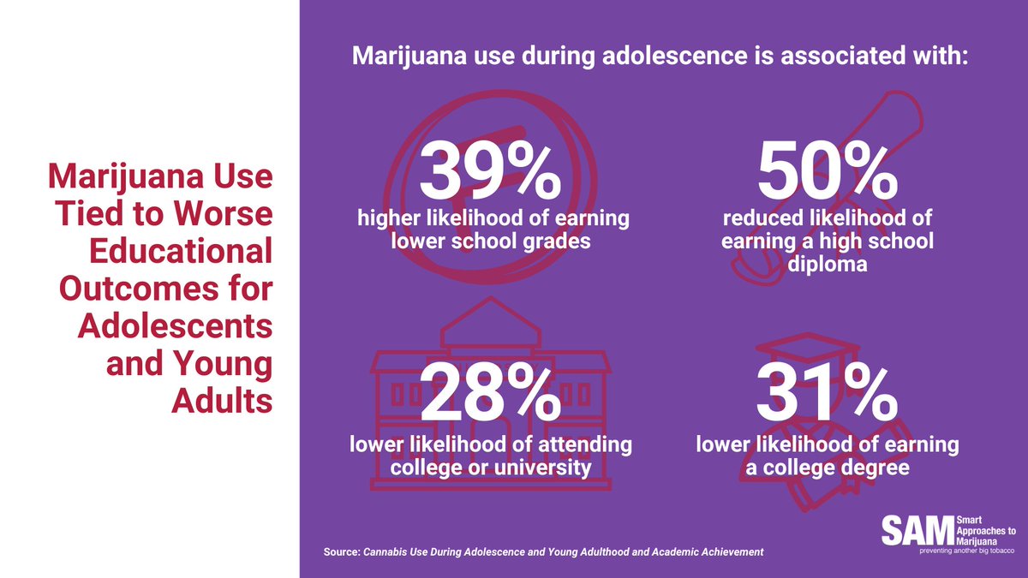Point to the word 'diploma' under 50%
pyautogui.click(x=828, y=265)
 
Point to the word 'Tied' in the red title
pyautogui.click(x=87, y=214)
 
